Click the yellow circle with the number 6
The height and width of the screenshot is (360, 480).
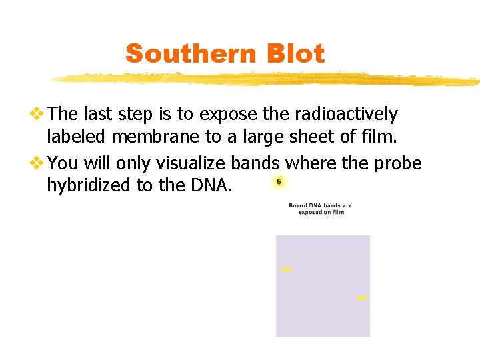point(279,182)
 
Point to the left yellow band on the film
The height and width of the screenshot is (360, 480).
point(287,269)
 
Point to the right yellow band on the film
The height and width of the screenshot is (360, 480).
point(361,298)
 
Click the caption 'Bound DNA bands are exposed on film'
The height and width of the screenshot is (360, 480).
point(320,209)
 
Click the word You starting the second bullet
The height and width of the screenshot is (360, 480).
point(63,163)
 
